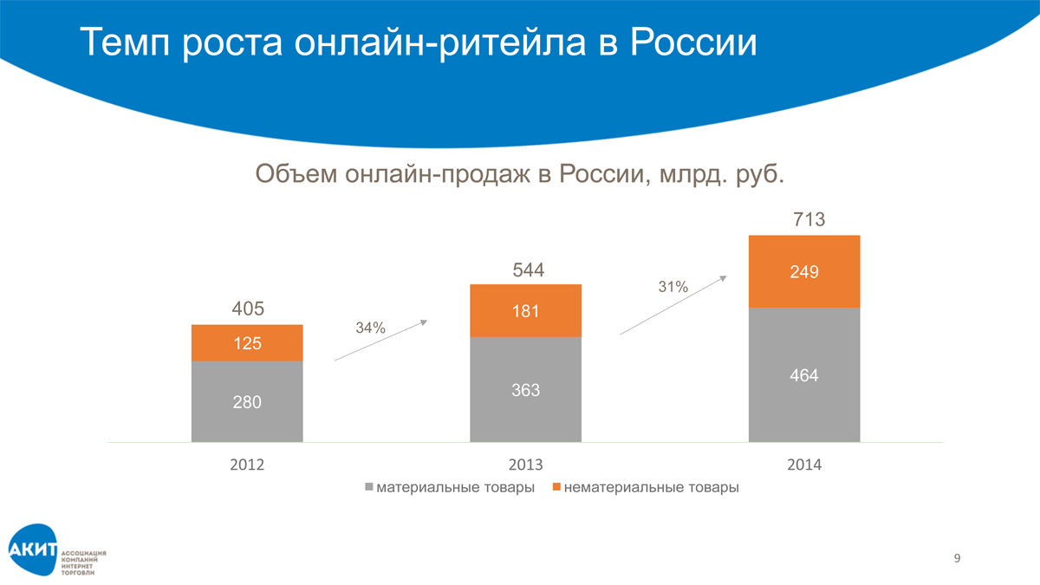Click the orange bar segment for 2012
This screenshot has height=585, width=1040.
tap(247, 342)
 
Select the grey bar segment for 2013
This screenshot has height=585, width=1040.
tap(525, 389)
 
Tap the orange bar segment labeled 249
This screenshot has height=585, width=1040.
tap(804, 271)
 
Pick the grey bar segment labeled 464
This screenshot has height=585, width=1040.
tap(804, 375)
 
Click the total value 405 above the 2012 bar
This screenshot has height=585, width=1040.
tap(247, 309)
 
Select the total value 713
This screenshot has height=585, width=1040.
tap(808, 220)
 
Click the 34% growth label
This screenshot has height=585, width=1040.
tap(371, 328)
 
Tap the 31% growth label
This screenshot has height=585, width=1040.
tap(673, 287)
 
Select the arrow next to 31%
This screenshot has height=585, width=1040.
tap(673, 305)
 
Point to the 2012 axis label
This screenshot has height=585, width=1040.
tap(247, 465)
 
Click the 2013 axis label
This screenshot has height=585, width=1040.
tap(525, 465)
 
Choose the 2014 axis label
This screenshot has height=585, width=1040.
tap(804, 465)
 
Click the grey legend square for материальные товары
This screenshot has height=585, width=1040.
tap(370, 487)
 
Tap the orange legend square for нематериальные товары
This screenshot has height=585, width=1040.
tap(557, 487)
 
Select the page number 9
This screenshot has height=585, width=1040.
tap(957, 557)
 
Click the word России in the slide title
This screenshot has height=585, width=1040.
tap(693, 42)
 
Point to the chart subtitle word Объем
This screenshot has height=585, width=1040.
tap(296, 175)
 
